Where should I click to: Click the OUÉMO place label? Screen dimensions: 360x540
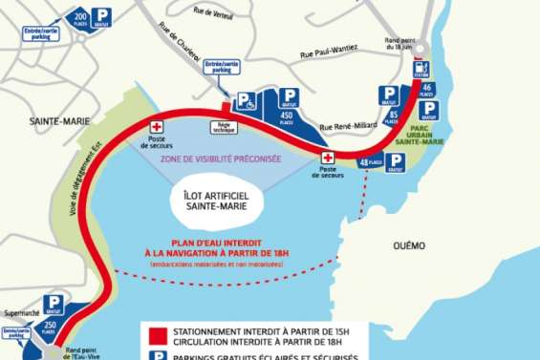(408, 245)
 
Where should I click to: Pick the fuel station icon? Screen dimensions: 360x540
(421, 68)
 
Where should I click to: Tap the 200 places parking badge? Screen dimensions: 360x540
(80, 18)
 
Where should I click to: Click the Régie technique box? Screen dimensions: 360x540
(224, 125)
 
